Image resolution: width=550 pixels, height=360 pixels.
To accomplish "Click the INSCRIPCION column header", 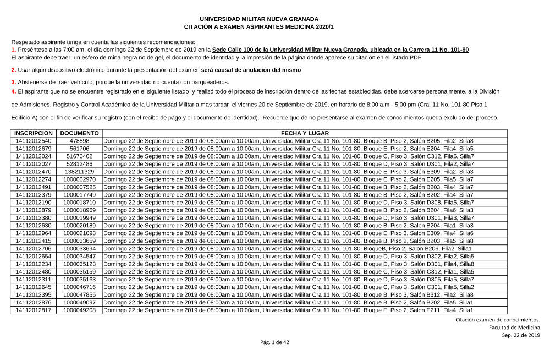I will [x=34, y=133].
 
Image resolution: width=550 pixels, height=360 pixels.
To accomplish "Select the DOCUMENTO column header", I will [x=80, y=133].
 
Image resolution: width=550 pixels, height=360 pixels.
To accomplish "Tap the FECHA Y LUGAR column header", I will [x=305, y=133].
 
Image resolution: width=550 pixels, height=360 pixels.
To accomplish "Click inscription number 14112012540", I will [x=34, y=141].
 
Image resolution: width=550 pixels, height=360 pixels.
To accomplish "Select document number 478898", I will [x=80, y=141].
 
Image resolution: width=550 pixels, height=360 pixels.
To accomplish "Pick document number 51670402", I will [x=80, y=156].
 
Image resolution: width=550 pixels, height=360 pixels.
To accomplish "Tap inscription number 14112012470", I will [x=34, y=172].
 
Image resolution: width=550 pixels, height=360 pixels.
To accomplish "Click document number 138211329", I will [x=80, y=172].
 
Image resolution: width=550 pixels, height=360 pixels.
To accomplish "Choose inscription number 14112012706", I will [x=34, y=249].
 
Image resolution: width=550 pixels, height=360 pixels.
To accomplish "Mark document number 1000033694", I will [x=80, y=249].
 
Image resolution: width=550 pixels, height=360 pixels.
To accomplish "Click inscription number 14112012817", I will [x=34, y=310].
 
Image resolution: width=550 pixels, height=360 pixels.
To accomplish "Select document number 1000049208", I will [x=80, y=310].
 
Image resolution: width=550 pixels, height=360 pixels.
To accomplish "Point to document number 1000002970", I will [x=80, y=179].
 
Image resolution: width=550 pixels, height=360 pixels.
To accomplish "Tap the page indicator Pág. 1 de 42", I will [x=274, y=342].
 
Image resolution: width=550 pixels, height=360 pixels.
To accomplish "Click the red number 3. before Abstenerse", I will [x=13, y=82].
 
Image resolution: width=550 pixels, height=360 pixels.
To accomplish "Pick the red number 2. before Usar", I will [x=13, y=70].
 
